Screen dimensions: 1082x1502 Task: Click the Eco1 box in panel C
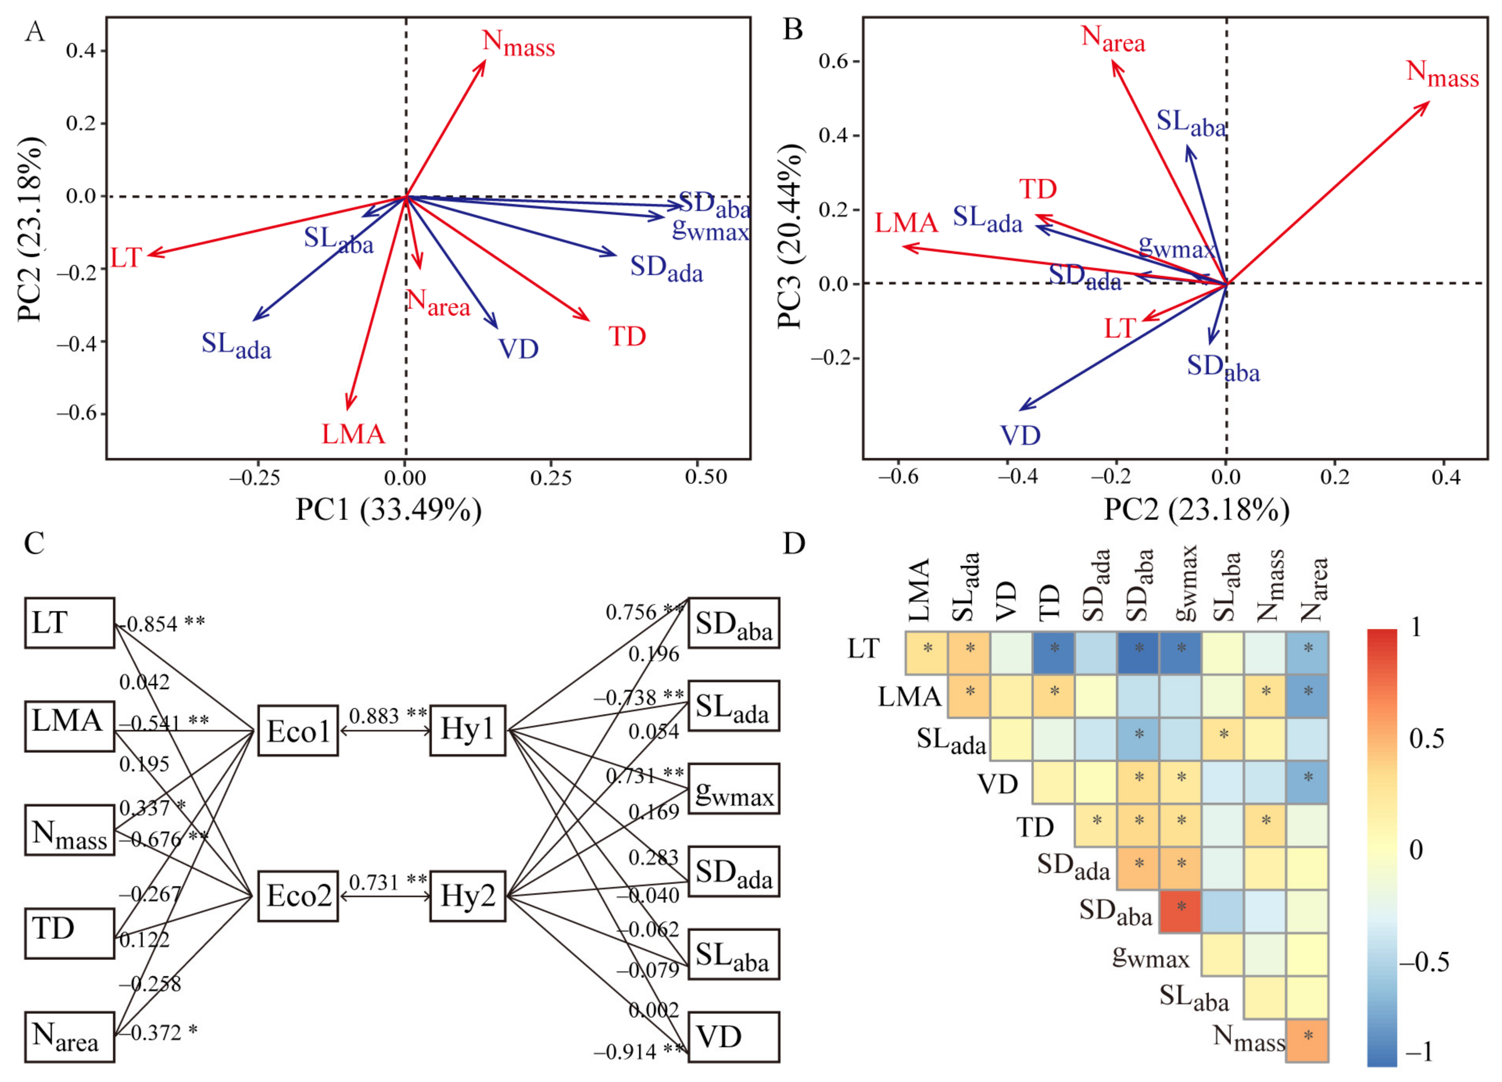297,731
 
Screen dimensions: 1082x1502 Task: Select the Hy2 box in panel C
467,897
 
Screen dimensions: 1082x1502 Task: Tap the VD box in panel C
733,1037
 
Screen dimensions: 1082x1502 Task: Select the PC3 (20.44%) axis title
791,236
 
